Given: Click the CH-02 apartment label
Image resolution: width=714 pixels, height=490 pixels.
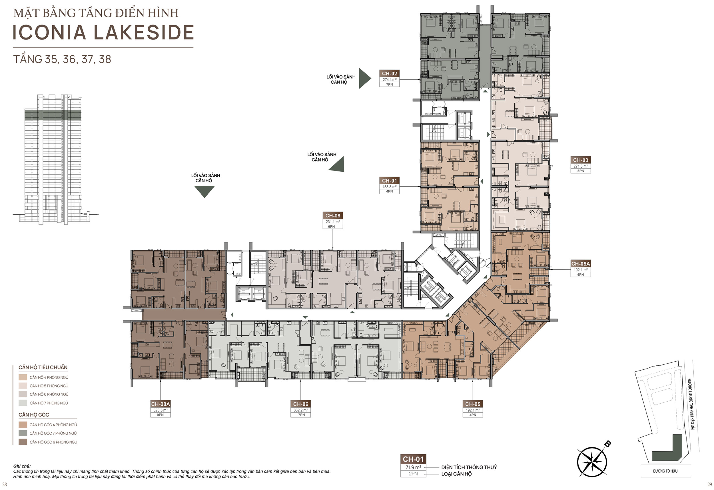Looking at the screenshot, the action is pyautogui.click(x=389, y=73).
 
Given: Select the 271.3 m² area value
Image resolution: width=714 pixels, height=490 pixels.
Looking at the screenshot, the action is pyautogui.click(x=580, y=166).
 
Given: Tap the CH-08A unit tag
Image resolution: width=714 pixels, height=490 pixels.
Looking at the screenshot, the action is pyautogui.click(x=161, y=404).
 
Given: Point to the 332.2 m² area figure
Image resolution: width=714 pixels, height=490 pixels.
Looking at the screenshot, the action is pyautogui.click(x=300, y=410).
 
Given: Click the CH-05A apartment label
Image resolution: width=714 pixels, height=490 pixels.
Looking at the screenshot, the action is pyautogui.click(x=580, y=263).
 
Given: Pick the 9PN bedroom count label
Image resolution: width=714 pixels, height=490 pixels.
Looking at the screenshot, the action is pyautogui.click(x=161, y=415).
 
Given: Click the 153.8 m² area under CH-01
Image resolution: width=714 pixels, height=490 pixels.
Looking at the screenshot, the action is pyautogui.click(x=389, y=187).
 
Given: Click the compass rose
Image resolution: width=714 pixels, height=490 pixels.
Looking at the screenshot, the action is pyautogui.click(x=592, y=462).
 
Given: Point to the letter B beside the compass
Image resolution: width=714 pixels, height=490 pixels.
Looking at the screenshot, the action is pyautogui.click(x=607, y=444).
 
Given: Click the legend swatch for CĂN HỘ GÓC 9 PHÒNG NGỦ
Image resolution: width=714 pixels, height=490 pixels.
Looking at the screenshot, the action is pyautogui.click(x=23, y=442).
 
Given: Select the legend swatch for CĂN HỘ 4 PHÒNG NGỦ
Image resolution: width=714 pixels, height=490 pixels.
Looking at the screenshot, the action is pyautogui.click(x=23, y=377).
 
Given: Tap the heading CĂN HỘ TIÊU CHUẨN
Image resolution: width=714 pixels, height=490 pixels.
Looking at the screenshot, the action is pyautogui.click(x=43, y=367).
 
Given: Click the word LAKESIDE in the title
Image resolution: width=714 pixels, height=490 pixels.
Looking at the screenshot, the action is pyautogui.click(x=144, y=33).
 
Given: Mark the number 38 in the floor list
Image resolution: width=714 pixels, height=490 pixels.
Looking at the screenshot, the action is pyautogui.click(x=105, y=59).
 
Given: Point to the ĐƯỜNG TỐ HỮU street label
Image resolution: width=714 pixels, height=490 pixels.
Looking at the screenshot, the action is pyautogui.click(x=665, y=471).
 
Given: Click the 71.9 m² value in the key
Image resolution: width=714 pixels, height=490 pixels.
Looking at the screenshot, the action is pyautogui.click(x=413, y=467).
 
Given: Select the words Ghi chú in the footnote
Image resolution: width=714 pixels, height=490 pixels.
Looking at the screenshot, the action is pyautogui.click(x=22, y=466).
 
